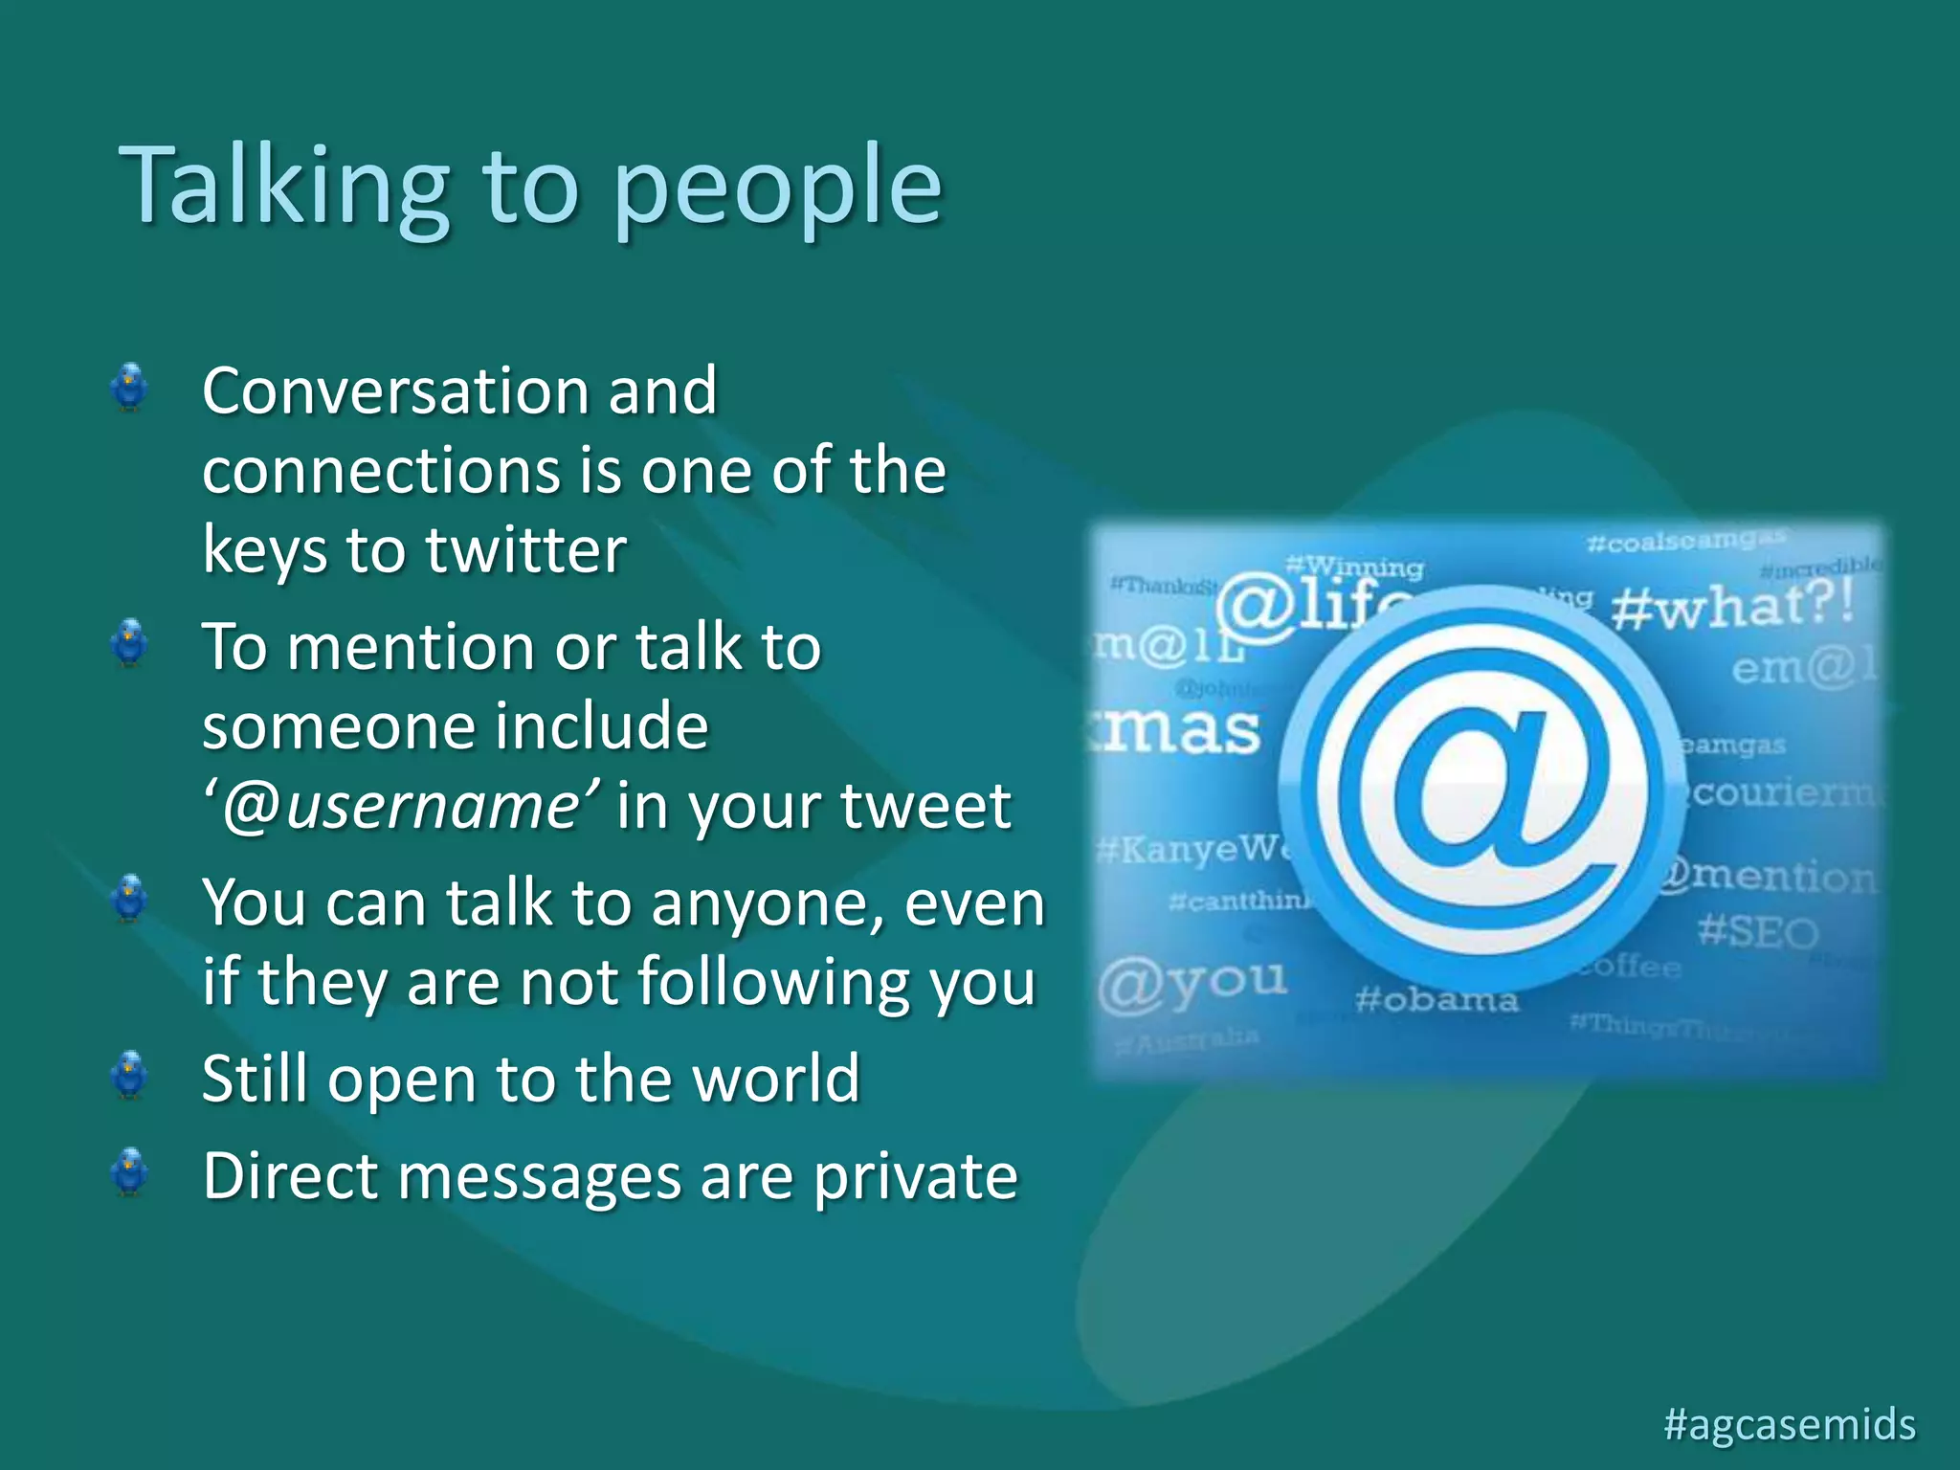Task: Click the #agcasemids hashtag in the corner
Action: pos(1790,1424)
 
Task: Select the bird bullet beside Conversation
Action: pos(129,388)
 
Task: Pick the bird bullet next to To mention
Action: pos(129,643)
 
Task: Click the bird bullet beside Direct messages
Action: pos(129,1172)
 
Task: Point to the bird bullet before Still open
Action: pos(129,1075)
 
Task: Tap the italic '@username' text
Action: pos(402,806)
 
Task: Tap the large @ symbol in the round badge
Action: pos(1481,787)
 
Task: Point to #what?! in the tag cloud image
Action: pos(1732,606)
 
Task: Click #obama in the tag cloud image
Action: pos(1437,1001)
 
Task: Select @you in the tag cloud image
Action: pos(1192,983)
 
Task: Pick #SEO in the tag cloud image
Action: pos(1757,931)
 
